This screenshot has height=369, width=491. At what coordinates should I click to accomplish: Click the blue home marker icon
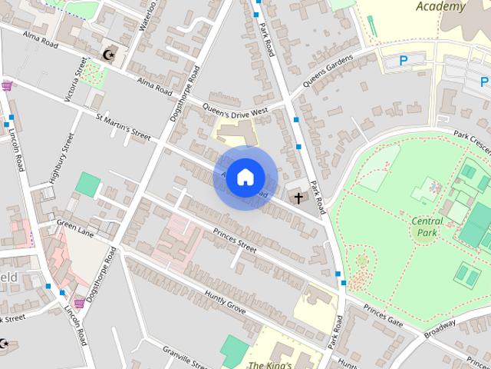(244, 177)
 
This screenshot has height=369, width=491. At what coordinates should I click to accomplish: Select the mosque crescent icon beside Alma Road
(109, 55)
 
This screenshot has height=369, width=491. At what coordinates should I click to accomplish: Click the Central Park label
(427, 227)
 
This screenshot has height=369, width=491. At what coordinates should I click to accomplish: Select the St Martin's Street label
(123, 125)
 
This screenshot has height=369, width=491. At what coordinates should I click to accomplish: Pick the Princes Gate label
(383, 316)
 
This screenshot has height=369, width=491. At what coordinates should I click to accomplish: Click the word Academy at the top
(440, 7)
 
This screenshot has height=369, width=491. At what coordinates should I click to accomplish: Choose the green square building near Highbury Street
(88, 185)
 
